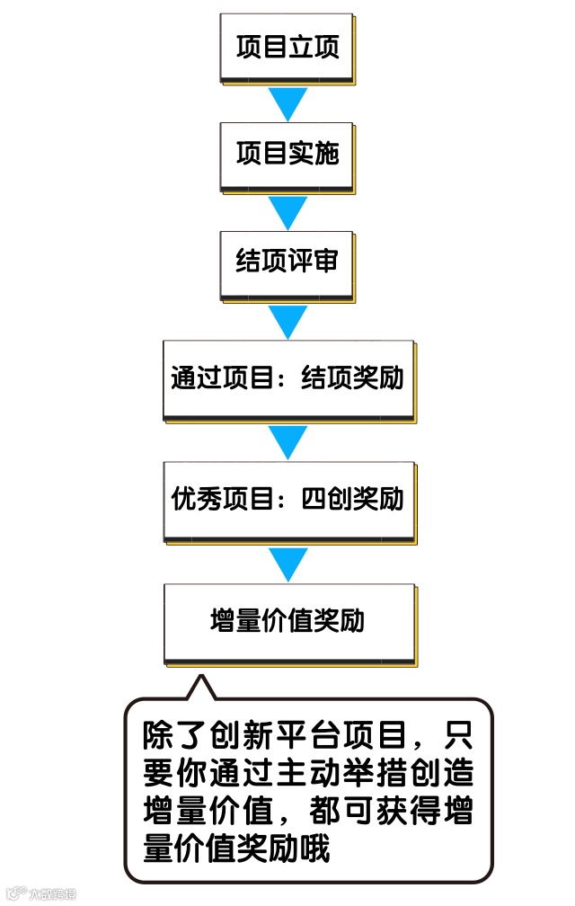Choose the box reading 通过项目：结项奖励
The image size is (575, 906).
(287, 378)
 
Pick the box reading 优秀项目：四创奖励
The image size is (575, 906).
(287, 499)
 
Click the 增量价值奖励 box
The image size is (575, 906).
(287, 621)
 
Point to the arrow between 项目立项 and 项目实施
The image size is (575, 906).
(288, 104)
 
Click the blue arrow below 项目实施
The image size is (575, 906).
(288, 212)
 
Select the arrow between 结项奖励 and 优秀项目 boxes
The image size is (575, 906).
(288, 440)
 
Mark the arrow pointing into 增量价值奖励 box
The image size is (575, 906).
(288, 563)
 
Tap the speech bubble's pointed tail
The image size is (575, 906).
(199, 687)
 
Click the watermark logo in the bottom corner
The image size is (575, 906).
(40, 893)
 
